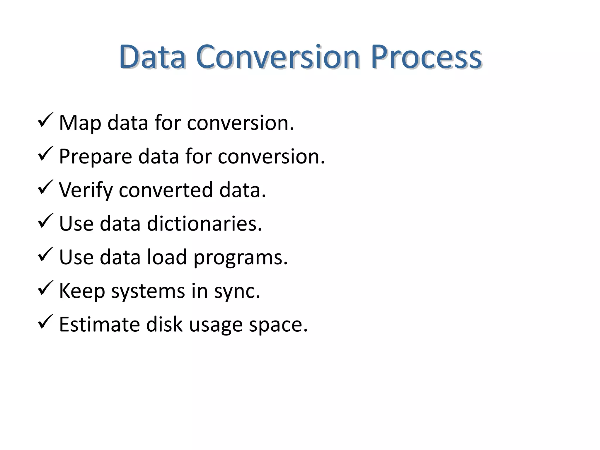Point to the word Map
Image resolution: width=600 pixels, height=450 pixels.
click(x=80, y=123)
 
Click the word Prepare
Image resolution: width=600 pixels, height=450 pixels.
click(x=95, y=157)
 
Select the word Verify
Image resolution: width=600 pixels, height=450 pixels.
click(x=86, y=190)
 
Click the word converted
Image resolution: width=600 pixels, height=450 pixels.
click(x=166, y=190)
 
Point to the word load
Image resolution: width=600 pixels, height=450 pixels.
click(x=166, y=257)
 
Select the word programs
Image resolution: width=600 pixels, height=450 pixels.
click(x=241, y=258)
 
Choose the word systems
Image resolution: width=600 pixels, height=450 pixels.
click(x=148, y=292)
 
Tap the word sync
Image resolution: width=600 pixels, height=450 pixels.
click(x=237, y=292)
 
